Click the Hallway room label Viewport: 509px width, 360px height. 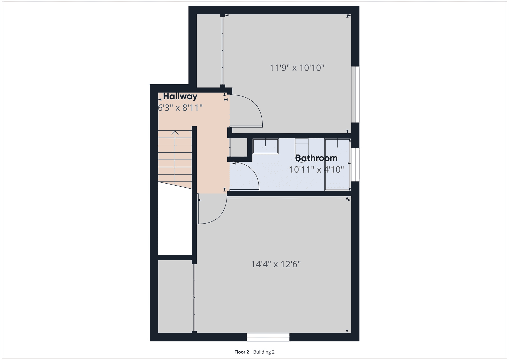click(x=180, y=96)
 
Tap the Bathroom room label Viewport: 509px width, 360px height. click(x=316, y=158)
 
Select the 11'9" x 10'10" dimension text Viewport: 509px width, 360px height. click(x=297, y=68)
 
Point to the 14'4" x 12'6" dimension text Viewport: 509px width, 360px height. click(x=276, y=264)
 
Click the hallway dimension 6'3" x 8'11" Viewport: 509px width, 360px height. click(x=180, y=108)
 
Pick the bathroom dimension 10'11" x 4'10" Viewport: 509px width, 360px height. click(x=317, y=170)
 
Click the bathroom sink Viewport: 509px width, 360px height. click(x=266, y=146)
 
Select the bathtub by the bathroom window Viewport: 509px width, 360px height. click(x=337, y=164)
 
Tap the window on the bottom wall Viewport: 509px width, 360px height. click(x=268, y=337)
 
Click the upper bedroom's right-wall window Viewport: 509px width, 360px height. click(x=355, y=94)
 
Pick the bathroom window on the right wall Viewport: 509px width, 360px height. click(x=355, y=165)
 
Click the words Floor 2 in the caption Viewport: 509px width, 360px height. click(x=242, y=352)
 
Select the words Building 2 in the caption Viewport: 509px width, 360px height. click(x=264, y=352)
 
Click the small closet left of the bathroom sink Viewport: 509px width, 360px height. click(x=238, y=147)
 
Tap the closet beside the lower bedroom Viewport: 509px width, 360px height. click(x=176, y=296)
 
